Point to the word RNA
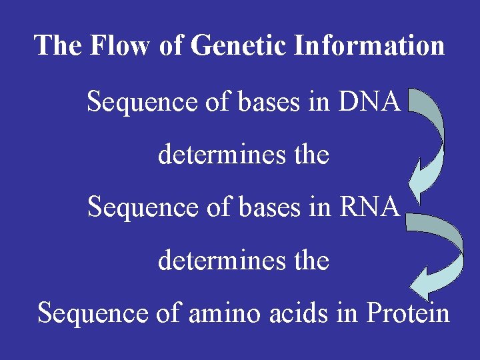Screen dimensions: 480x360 [x=370, y=207]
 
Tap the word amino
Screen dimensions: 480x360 [x=215, y=312]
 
